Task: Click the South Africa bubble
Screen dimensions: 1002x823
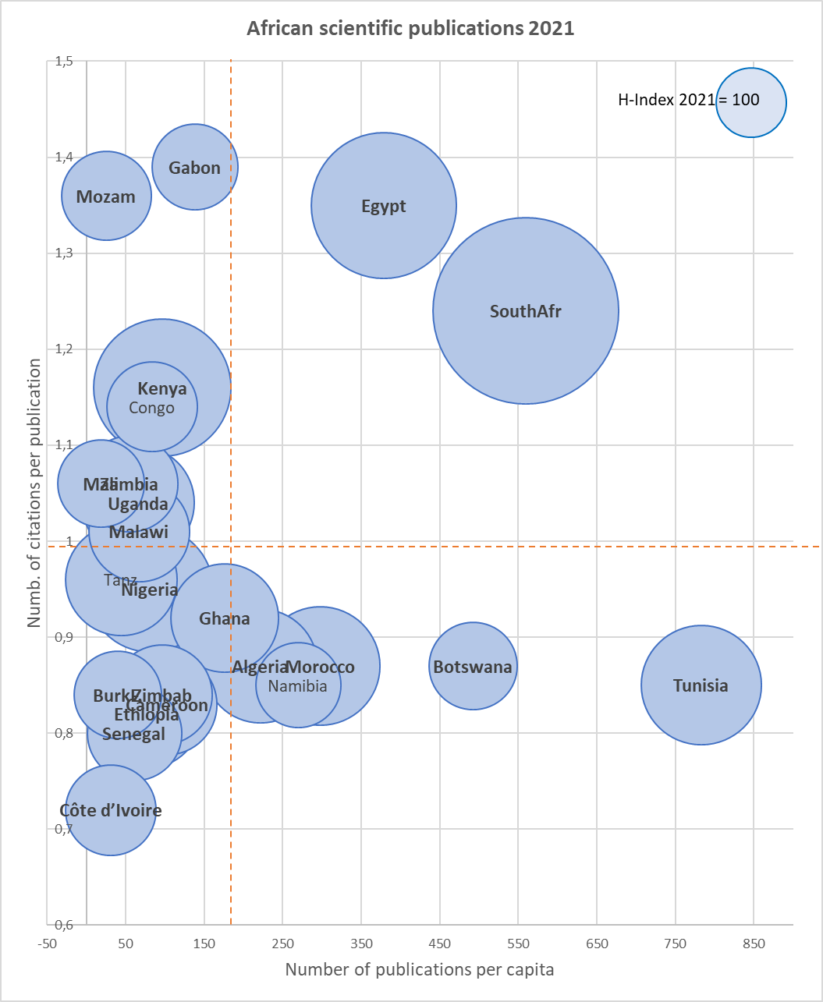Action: pos(525,311)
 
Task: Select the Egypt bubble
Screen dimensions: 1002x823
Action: pos(384,206)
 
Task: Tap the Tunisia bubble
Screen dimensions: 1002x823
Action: pos(701,685)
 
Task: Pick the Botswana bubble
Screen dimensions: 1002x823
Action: pos(473,667)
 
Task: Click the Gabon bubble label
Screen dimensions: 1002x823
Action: pos(195,168)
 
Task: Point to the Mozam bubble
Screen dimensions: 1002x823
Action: pos(105,197)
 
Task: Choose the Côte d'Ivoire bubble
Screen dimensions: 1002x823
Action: pos(111,811)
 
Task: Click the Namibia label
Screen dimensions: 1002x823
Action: pos(298,686)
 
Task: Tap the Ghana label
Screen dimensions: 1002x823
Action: pos(225,619)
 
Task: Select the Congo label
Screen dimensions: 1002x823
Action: pos(152,407)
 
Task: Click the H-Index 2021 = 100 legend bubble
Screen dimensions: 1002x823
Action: pos(750,102)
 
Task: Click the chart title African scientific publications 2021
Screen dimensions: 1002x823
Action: pos(410,29)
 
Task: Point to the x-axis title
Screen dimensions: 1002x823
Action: pos(420,970)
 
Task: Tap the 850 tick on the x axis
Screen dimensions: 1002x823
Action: pos(754,944)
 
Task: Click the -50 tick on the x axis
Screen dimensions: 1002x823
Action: pos(47,944)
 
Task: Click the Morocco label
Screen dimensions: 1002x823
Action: pos(320,667)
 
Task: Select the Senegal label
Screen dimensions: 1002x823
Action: pos(133,735)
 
